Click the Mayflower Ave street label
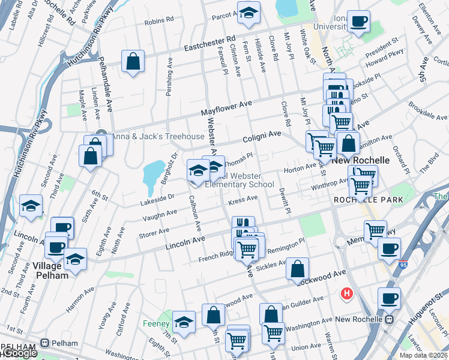[226, 108]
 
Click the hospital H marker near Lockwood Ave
[346, 293]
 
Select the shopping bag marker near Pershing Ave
[133, 61]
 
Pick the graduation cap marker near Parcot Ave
[247, 12]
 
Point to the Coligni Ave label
[262, 137]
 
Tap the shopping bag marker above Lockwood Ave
[297, 268]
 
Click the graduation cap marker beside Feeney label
[184, 322]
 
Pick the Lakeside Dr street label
[158, 197]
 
